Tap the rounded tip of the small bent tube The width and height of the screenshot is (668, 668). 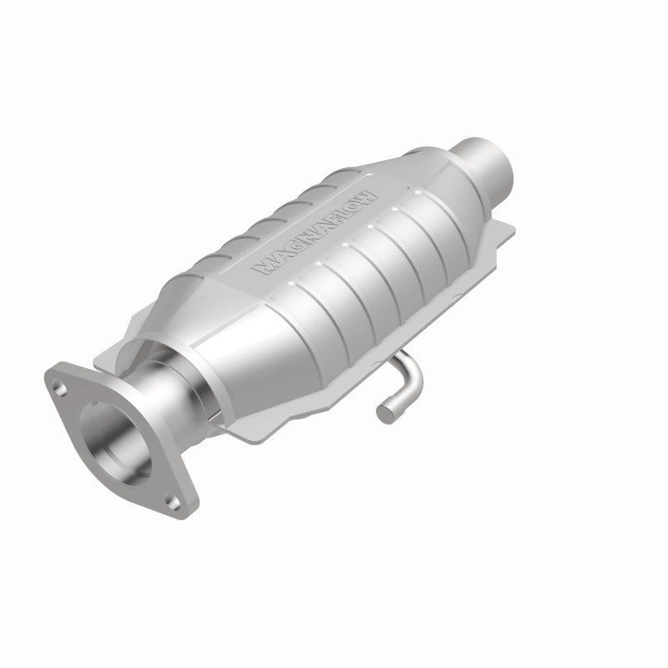(384, 411)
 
